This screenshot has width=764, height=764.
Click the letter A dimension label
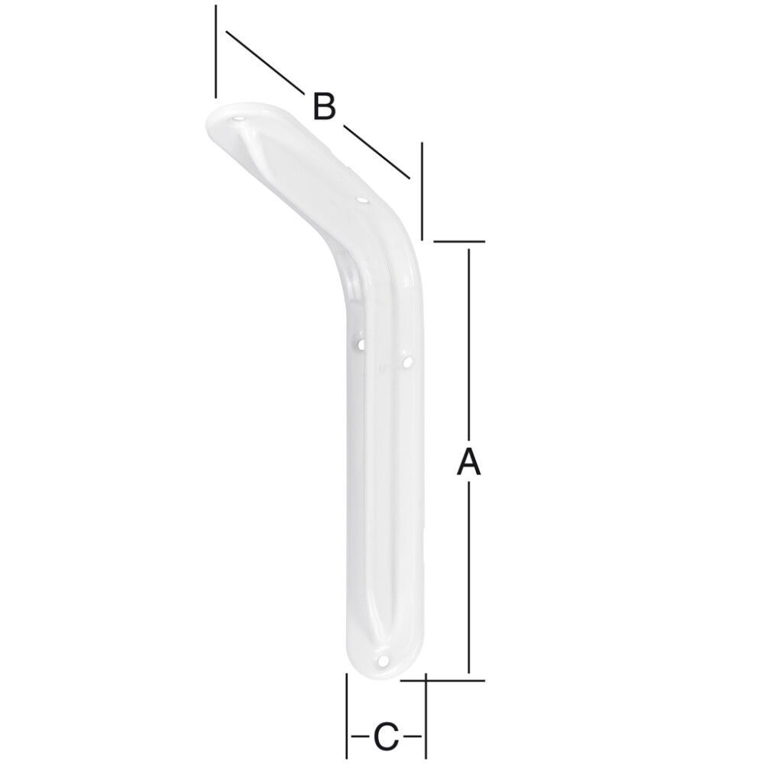point(468,462)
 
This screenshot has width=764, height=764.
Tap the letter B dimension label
point(324,106)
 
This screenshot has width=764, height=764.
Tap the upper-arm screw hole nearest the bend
point(362,200)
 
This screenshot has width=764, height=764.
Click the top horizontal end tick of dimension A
point(460,242)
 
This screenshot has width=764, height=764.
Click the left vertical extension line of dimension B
point(217,52)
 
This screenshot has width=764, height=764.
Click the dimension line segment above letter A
point(468,344)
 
